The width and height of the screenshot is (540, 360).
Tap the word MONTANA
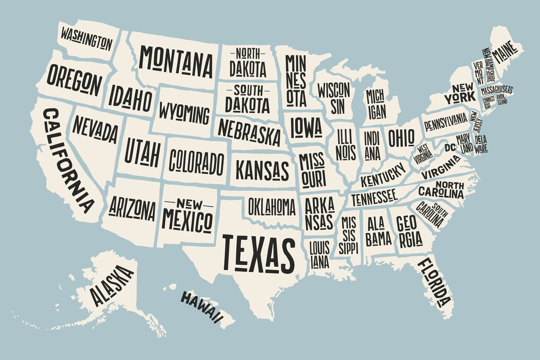tap(176, 61)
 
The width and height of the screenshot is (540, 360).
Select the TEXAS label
tap(258, 254)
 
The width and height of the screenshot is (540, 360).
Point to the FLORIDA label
tap(434, 282)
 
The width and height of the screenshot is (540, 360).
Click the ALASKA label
tap(112, 286)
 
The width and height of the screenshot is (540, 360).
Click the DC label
tap(450, 148)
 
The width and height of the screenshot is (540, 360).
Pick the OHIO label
tap(401, 138)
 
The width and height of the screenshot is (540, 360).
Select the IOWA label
tap(306, 127)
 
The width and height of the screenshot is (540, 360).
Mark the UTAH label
tap(142, 153)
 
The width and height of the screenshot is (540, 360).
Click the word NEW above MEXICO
tap(189, 203)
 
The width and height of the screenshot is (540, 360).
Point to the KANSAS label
tap(262, 171)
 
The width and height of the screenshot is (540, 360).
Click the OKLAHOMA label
tap(272, 207)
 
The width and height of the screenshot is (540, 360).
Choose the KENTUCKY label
tap(384, 175)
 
